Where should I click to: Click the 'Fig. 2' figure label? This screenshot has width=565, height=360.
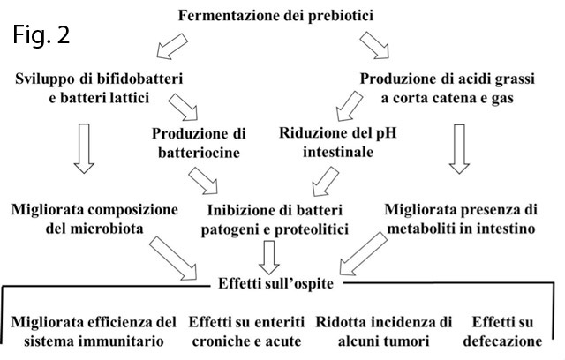41,34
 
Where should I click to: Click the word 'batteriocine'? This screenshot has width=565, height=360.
199,153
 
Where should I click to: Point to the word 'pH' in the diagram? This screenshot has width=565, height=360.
387,133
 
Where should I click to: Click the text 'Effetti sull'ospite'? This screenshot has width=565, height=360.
276,283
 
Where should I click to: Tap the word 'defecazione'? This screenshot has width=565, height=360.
502,341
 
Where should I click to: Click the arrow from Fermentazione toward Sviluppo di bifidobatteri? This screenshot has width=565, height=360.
171,46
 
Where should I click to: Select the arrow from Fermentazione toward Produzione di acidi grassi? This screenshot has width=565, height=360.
374,45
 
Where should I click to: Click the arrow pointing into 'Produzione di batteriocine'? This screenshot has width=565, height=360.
183,107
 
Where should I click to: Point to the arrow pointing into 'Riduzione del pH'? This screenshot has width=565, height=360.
350,106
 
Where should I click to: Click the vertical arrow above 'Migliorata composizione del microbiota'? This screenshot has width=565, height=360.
84,149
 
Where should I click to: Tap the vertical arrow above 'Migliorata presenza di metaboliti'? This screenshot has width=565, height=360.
459,149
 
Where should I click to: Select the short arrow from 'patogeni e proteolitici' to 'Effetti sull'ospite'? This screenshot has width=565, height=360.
269,258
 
